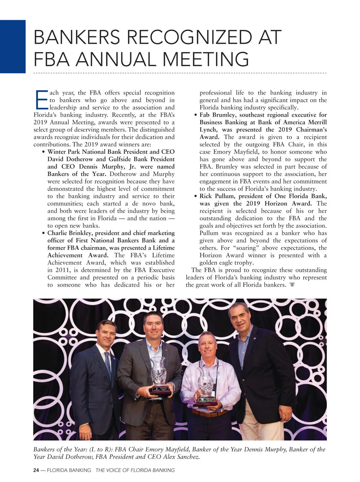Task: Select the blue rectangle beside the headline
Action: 13,47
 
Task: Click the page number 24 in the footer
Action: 36,470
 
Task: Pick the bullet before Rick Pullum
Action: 196,197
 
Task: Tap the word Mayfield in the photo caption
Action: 175,450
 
